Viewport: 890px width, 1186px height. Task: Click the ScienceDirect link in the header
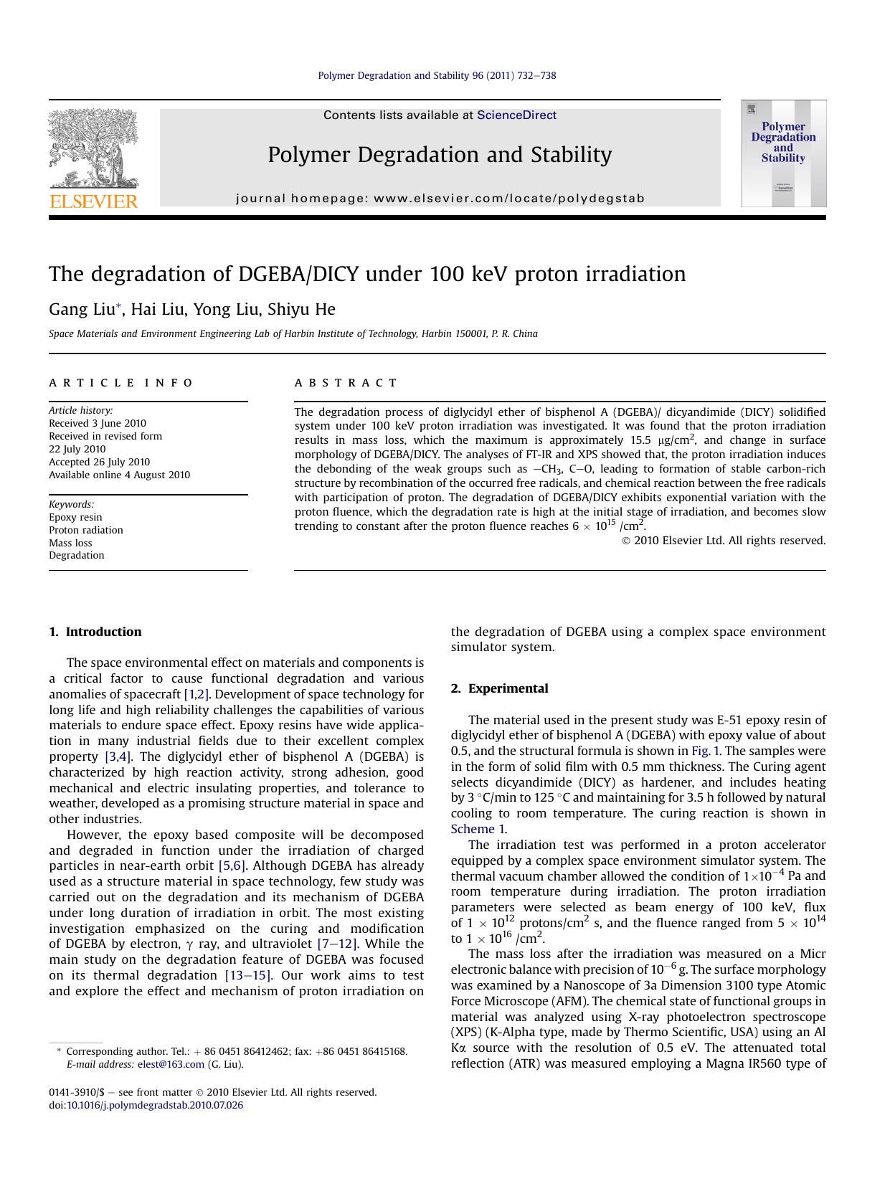pyautogui.click(x=516, y=115)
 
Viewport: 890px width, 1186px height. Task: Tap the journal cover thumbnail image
pyautogui.click(x=783, y=153)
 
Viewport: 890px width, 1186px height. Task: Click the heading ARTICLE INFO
pyautogui.click(x=121, y=383)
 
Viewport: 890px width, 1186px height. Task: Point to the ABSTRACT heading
pyautogui.click(x=346, y=383)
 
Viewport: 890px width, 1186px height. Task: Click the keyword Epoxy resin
pyautogui.click(x=75, y=517)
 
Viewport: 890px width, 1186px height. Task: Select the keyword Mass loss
pyautogui.click(x=70, y=543)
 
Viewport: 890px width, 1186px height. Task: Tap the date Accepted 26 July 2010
pyautogui.click(x=99, y=462)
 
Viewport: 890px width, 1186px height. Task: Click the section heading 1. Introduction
pyautogui.click(x=95, y=632)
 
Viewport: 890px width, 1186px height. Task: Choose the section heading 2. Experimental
pyautogui.click(x=499, y=688)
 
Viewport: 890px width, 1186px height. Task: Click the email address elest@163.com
pyautogui.click(x=171, y=1064)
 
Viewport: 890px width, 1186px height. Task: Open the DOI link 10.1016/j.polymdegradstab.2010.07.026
pyautogui.click(x=155, y=1105)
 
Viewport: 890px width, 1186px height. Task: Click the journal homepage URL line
pyautogui.click(x=440, y=199)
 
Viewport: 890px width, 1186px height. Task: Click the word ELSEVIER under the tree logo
pyautogui.click(x=93, y=201)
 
